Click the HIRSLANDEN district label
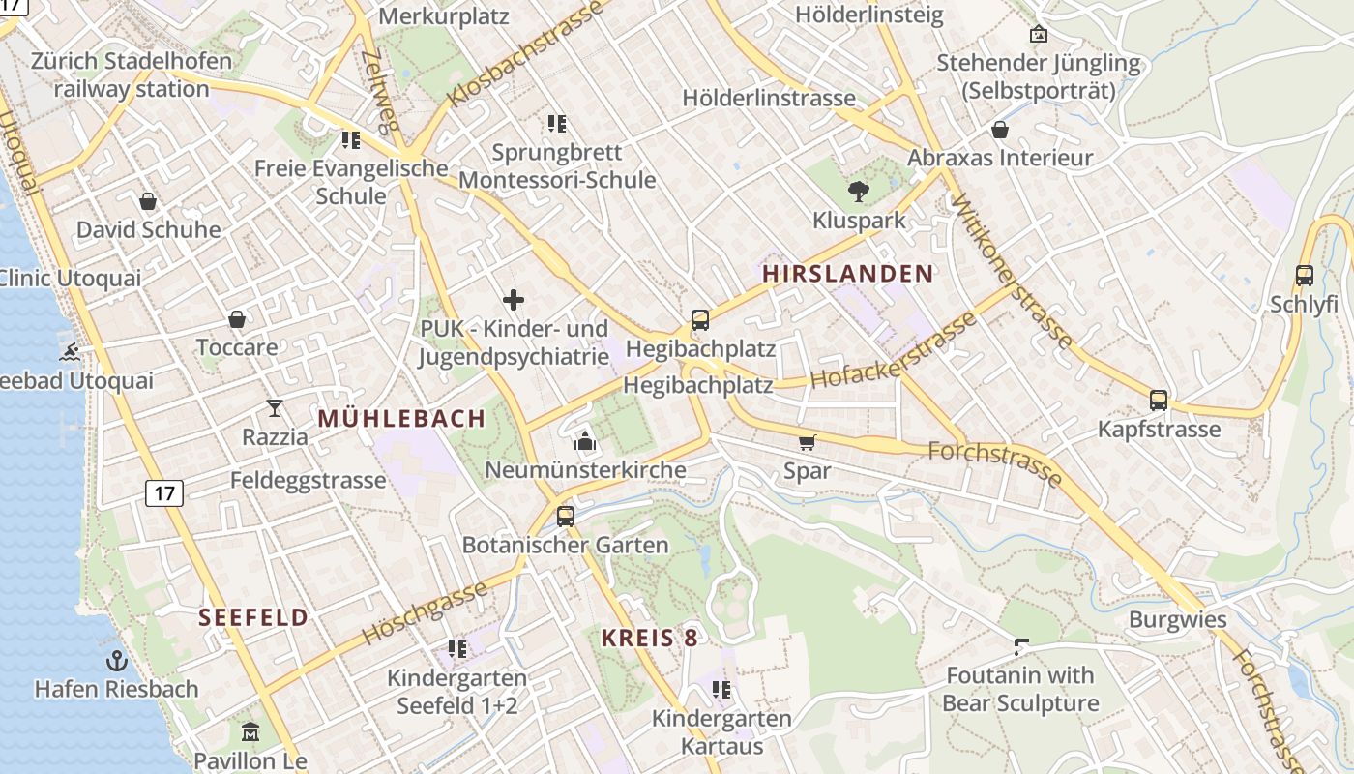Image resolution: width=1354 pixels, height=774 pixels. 848,274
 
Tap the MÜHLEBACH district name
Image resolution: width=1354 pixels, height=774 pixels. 401,419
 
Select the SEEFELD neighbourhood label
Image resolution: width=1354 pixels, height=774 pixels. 253,617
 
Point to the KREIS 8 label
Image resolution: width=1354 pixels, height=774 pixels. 649,638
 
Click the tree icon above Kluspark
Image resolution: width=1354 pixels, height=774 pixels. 858,192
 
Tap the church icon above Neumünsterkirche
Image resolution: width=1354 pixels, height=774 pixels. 585,442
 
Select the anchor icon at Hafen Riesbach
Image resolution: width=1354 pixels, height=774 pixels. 116,661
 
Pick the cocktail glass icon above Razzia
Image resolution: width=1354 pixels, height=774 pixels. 275,408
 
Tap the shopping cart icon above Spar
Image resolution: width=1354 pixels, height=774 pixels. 808,443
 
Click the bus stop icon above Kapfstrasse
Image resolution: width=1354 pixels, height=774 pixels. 1159,400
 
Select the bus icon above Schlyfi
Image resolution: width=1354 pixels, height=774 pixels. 1305,276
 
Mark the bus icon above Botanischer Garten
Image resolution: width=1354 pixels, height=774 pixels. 566,516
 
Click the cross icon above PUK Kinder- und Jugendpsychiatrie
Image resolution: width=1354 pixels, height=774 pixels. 514,300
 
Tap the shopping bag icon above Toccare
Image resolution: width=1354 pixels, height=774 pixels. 237,319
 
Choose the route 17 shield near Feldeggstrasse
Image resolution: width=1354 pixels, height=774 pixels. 164,493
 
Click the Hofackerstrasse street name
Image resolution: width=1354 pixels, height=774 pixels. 895,350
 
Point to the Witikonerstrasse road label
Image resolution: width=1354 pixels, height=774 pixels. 1013,273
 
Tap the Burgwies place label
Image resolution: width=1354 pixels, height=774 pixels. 1177,620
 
